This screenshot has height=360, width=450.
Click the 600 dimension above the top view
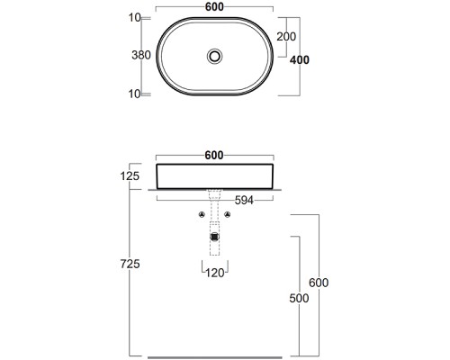pyautogui.click(x=214, y=7)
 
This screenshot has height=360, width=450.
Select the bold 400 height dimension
pyautogui.click(x=300, y=60)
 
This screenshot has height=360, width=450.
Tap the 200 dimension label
pyautogui.click(x=286, y=37)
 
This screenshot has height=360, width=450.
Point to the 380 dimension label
pyautogui.click(x=141, y=55)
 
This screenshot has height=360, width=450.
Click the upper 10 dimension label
pyautogui.click(x=135, y=18)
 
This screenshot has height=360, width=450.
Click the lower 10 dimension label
pyautogui.click(x=135, y=94)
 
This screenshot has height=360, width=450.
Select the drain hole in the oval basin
pyautogui.click(x=214, y=56)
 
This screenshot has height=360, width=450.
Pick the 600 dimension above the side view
pyautogui.click(x=214, y=155)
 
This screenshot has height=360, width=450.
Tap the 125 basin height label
pyautogui.click(x=130, y=176)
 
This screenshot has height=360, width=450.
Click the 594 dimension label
pyautogui.click(x=244, y=200)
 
